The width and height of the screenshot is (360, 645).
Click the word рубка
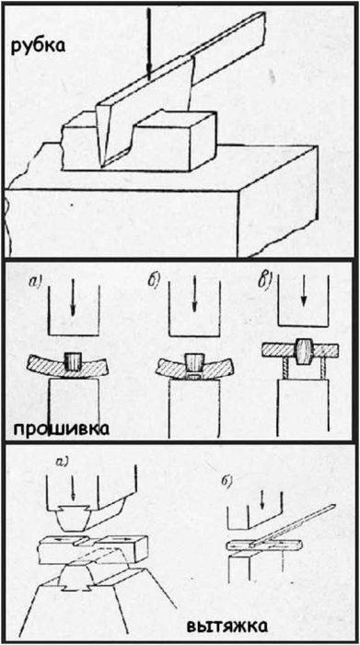pyautogui.click(x=38, y=45)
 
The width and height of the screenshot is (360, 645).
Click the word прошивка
pyautogui.click(x=61, y=429)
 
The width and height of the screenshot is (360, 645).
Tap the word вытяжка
pyautogui.click(x=226, y=627)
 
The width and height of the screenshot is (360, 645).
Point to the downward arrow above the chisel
pyautogui.click(x=149, y=43)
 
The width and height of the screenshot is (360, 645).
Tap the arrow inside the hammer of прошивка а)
pyautogui.click(x=73, y=298)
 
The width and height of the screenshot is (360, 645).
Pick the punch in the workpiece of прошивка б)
pyautogui.click(x=194, y=361)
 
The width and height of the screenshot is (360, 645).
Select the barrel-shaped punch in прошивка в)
pyautogui.click(x=303, y=353)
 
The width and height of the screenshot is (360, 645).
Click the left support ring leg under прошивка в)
pyautogui.click(x=285, y=367)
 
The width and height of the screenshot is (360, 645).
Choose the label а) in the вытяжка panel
pyautogui.click(x=64, y=463)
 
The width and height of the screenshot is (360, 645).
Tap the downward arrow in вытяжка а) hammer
pyautogui.click(x=73, y=490)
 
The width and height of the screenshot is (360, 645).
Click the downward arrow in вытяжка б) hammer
pyautogui.click(x=261, y=499)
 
